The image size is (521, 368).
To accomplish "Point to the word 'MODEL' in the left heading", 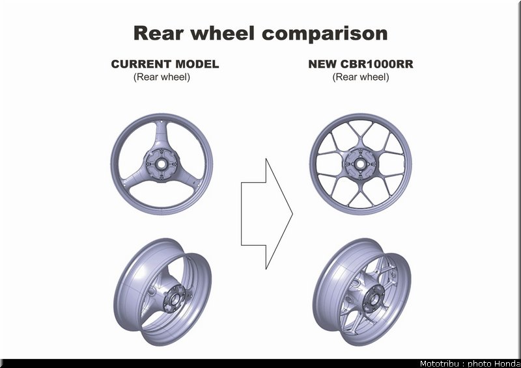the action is coord(197,64).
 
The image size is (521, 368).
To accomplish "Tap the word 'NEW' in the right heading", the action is coord(322,64).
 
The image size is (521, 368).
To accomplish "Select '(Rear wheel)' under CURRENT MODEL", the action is coord(162,77).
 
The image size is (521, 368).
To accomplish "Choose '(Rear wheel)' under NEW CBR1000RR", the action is coord(361,77).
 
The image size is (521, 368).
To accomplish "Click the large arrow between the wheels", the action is coord(266,214).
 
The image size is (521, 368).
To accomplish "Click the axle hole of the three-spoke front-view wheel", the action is coord(162,164).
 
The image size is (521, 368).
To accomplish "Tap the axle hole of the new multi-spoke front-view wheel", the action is coord(360,164).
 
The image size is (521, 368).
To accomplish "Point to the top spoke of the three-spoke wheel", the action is coord(162,136).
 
